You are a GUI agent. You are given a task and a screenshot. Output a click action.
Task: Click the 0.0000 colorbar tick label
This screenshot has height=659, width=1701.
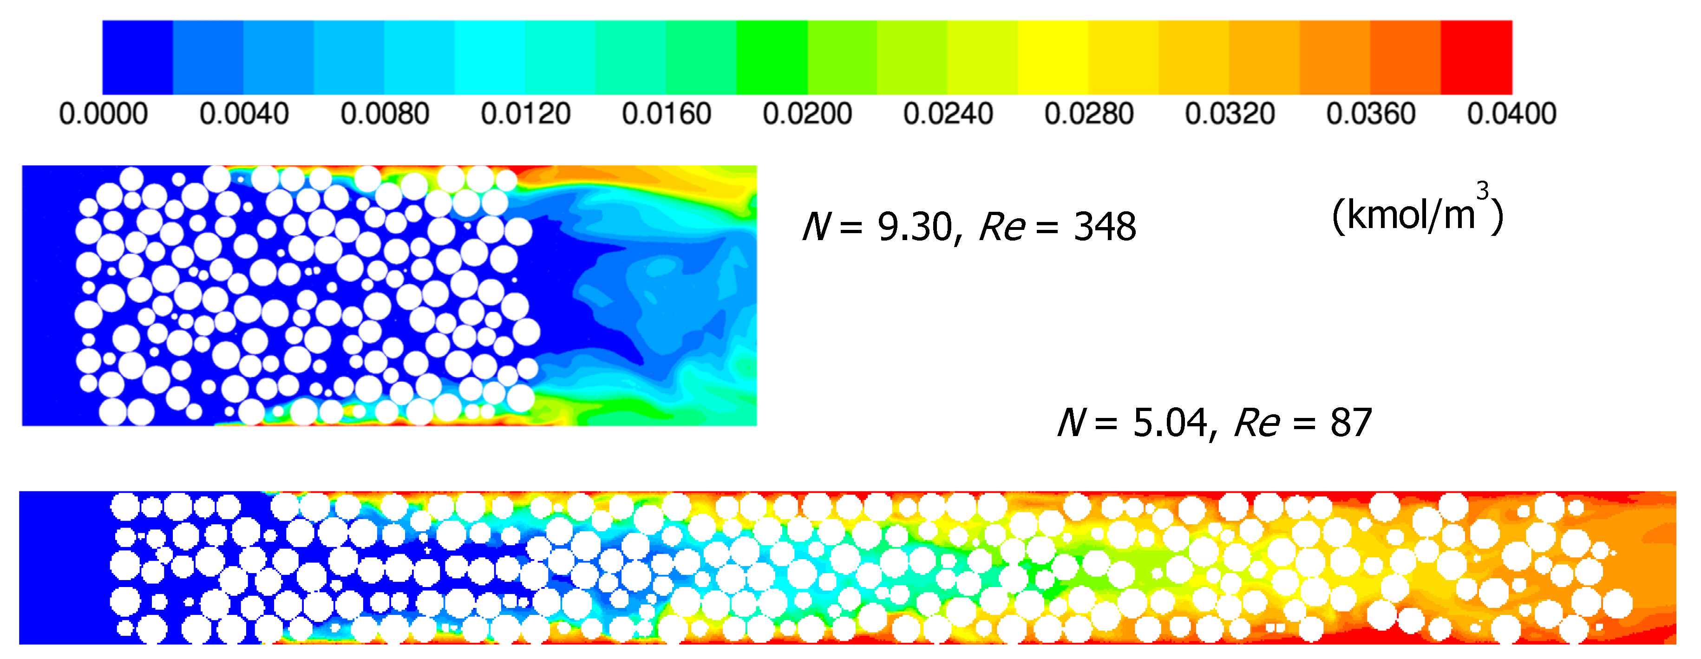tap(103, 114)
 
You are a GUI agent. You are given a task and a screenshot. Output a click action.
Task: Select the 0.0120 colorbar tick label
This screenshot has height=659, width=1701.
tap(526, 114)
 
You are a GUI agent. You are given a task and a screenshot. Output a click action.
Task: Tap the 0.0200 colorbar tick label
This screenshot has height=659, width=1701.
tap(807, 114)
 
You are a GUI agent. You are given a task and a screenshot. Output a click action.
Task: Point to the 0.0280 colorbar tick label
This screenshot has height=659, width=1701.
tap(1089, 114)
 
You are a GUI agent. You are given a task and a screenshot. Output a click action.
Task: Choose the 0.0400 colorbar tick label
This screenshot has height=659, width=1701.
tap(1511, 114)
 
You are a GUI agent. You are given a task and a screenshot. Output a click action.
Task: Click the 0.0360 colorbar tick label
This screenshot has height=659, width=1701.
tap(1371, 114)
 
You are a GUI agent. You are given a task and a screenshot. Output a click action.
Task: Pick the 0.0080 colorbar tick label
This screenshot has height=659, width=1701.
tap(385, 114)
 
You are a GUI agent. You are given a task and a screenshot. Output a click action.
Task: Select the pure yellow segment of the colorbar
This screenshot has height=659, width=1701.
tap(1053, 58)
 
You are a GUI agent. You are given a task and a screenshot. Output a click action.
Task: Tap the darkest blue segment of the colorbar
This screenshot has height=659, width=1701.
tap(137, 58)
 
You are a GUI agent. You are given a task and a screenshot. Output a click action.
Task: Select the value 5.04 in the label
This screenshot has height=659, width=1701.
tap(1170, 423)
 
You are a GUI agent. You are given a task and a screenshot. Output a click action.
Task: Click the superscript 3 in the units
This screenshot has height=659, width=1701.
tap(1482, 191)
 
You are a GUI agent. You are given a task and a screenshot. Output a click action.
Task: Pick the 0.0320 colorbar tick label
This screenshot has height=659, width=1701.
tap(1230, 114)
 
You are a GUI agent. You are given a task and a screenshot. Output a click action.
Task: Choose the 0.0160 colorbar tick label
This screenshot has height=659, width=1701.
tap(666, 114)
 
